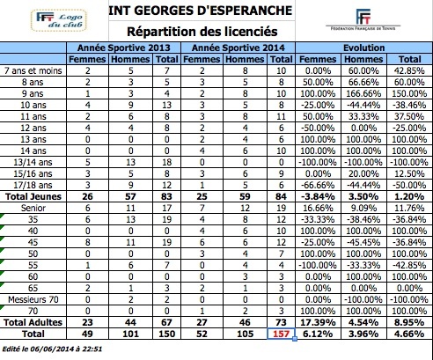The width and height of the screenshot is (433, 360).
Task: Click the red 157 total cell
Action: coord(281,334)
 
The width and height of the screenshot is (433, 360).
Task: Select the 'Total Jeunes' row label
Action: coord(33,196)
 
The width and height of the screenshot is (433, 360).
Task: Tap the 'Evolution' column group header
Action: coord(363,48)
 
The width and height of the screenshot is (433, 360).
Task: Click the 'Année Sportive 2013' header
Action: coord(124,48)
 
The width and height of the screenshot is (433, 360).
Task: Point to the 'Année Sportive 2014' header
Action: coord(239,48)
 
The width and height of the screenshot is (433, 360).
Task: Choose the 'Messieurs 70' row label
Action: coord(33,299)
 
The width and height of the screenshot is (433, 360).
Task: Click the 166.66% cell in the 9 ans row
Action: coord(363,93)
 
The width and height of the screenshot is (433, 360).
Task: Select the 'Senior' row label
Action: coord(33,208)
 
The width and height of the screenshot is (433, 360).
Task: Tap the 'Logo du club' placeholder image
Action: coord(59,20)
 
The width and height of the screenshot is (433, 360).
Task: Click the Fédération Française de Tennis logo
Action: coord(363,19)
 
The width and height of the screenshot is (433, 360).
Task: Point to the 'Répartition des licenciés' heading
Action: coord(202,32)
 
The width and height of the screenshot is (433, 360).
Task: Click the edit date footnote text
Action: coord(52,349)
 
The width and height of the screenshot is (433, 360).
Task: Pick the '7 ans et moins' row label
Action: coord(33,70)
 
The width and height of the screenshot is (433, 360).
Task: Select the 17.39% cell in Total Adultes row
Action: coord(318,322)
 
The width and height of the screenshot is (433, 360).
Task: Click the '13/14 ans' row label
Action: coord(33,162)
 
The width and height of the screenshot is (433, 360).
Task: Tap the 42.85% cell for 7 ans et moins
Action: coord(409,70)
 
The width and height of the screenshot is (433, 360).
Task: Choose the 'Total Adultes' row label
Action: coord(33,322)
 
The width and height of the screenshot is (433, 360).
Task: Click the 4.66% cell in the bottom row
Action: coord(409,334)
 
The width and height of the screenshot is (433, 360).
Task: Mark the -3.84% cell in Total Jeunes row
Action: coord(318,196)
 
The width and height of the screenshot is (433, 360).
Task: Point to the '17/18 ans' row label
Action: coord(33,185)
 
